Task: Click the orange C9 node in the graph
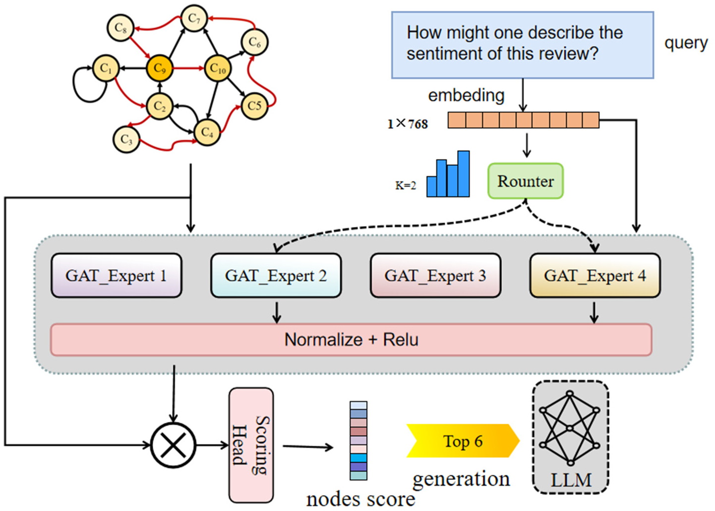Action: click(159, 68)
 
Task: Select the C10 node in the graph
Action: click(218, 68)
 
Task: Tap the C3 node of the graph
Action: click(126, 139)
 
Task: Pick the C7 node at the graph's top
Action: click(194, 19)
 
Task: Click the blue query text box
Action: click(522, 45)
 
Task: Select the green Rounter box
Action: click(525, 181)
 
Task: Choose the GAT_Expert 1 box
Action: click(116, 276)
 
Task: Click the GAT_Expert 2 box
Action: click(276, 276)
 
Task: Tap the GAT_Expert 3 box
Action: click(435, 276)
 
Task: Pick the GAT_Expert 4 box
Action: click(595, 276)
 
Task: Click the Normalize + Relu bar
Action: click(351, 340)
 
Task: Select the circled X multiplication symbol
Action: click(173, 445)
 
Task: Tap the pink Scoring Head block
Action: click(251, 445)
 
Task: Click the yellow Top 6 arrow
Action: click(462, 441)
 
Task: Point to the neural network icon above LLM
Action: click(570, 428)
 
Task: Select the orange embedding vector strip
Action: click(523, 120)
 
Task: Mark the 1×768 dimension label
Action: click(407, 123)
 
